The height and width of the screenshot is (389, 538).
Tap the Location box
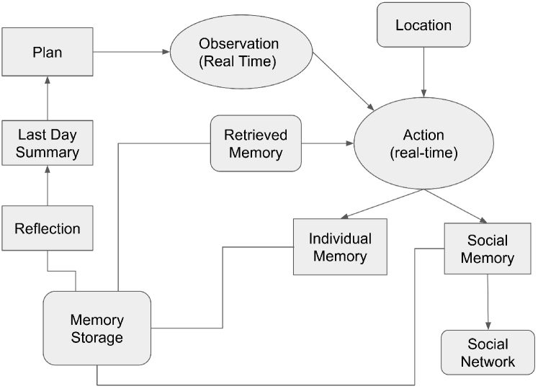click(423, 26)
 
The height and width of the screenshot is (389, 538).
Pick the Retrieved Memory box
click(256, 143)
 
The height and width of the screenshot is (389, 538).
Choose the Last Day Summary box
click(48, 143)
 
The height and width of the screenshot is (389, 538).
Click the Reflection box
click(48, 229)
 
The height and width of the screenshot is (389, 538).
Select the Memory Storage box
click(97, 328)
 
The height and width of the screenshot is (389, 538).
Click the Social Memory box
click(488, 249)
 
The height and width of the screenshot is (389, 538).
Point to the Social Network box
click(488, 352)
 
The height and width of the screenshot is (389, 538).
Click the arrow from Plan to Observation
click(131, 52)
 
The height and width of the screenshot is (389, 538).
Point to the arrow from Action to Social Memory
click(458, 206)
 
